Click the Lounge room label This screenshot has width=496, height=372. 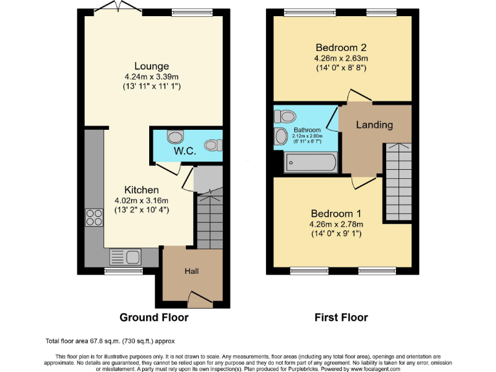(152, 66)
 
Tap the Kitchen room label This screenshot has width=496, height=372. (141, 190)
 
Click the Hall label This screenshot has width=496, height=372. (192, 271)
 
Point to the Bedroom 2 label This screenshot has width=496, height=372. (341, 47)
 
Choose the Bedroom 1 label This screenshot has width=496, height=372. (336, 214)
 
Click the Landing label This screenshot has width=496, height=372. (375, 125)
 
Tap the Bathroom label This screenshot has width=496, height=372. (307, 130)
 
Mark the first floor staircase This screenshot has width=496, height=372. (398, 181)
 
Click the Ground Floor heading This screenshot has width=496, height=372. (154, 318)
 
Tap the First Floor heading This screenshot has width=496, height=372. (341, 318)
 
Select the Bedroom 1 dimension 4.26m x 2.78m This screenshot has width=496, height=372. (336, 225)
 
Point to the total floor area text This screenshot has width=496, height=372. (110, 340)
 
